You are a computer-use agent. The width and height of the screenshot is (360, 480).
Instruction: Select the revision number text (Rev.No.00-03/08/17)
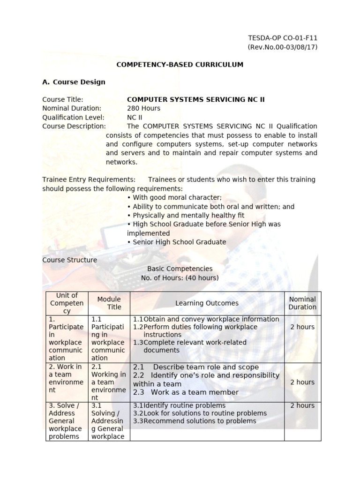pos(282,47)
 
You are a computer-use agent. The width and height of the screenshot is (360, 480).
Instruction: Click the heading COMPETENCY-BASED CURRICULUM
pos(180,65)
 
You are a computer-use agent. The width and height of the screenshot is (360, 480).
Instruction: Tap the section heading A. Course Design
pos(74,82)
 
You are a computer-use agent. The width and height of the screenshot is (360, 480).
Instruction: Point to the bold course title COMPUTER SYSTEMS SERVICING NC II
pos(192,99)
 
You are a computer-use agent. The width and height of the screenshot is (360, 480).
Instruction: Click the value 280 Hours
pos(143,108)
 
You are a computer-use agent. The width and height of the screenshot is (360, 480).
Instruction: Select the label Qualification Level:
pos(73,117)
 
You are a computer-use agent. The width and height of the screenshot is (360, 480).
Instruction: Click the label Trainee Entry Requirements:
pos(89,180)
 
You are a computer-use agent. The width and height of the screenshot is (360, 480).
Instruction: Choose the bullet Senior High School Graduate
pos(176,242)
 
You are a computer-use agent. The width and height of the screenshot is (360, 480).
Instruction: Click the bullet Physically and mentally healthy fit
pos(186,215)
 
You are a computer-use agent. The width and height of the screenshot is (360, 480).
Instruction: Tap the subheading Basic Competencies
pos(180,269)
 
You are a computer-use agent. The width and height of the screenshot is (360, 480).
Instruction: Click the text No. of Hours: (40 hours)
pos(180,277)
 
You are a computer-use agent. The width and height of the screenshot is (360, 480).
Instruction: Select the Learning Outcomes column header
pos(207,303)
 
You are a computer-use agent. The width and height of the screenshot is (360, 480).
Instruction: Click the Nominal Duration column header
pos(302,303)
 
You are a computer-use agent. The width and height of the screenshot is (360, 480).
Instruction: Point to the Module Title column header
pos(109,303)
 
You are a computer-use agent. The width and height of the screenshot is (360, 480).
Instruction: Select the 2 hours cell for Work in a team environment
pos(302,382)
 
